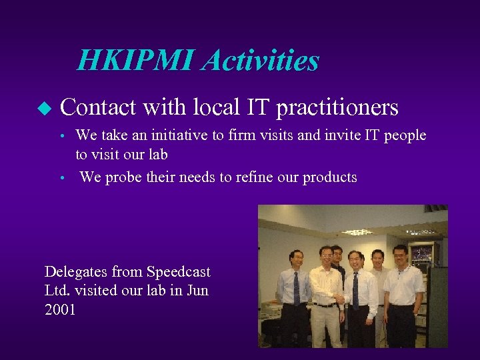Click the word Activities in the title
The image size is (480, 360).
coord(261,61)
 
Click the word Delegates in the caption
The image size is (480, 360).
coord(72,272)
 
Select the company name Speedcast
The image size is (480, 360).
coord(178,272)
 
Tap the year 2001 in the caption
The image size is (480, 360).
coord(60,310)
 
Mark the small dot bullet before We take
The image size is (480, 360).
coord(61,137)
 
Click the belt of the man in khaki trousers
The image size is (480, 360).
coord(325,305)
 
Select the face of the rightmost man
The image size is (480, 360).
coord(400,255)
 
